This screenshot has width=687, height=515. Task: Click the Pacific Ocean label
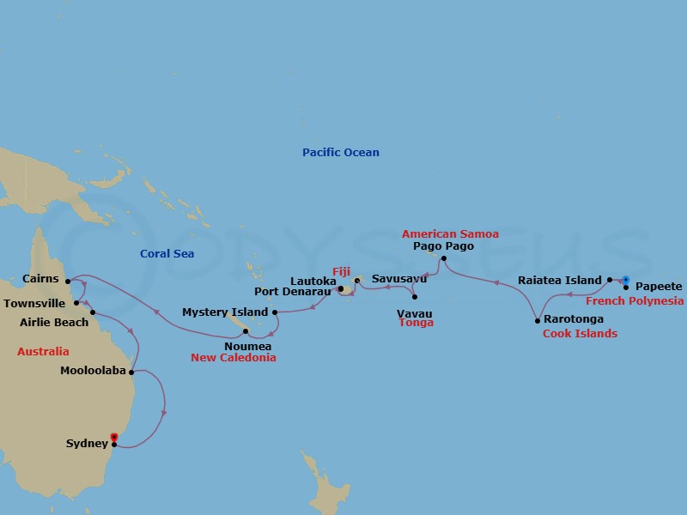pos(340,153)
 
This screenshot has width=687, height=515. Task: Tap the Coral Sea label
pos(167,254)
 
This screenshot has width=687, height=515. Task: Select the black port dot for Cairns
pos(68,279)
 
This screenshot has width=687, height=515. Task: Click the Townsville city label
pos(35,303)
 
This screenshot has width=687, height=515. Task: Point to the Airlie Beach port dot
pos(93,312)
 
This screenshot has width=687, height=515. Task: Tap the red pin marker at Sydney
pos(113,438)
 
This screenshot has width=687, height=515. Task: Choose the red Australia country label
pos(43,352)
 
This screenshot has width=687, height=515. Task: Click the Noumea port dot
pos(246,331)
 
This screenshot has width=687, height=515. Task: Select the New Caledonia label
pos(234,358)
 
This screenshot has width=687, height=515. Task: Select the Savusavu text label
pos(399,279)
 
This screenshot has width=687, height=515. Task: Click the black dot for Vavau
pos(415,297)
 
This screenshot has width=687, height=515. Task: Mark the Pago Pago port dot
pos(443,258)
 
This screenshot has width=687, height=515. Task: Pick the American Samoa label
pos(450,234)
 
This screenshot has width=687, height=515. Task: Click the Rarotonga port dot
pos(538,320)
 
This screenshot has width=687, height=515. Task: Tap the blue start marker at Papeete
pos(625,280)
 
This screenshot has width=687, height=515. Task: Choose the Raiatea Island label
pos(560,280)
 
